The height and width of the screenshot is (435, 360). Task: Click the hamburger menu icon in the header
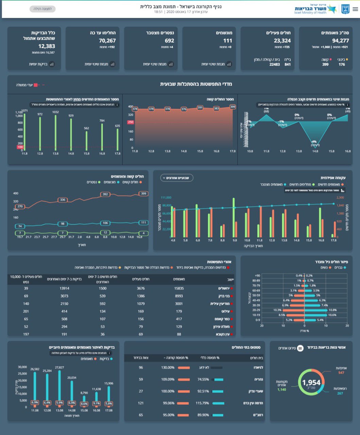[x=355, y=9]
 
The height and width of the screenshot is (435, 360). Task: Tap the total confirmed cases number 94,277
[x=340, y=41]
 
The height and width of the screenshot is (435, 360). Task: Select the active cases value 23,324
[x=282, y=41]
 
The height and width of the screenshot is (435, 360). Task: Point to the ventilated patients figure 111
[x=227, y=41]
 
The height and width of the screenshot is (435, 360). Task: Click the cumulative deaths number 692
[x=169, y=41]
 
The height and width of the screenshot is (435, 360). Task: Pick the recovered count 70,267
[x=107, y=41]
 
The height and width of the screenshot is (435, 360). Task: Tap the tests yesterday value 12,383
[x=47, y=46]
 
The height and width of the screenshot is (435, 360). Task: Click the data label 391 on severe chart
[x=200, y=107]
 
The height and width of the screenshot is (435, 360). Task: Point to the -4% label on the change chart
[x=314, y=142]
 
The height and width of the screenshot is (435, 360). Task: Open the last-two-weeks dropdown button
[x=176, y=178]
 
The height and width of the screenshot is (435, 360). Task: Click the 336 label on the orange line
[x=63, y=200]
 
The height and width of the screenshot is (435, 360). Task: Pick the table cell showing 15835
[x=179, y=288]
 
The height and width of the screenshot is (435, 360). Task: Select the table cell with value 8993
[x=179, y=296]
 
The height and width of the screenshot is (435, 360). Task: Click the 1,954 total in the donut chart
[x=311, y=383]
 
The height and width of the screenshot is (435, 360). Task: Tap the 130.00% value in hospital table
[x=168, y=367]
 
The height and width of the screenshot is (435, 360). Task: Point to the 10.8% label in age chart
[x=332, y=310]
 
